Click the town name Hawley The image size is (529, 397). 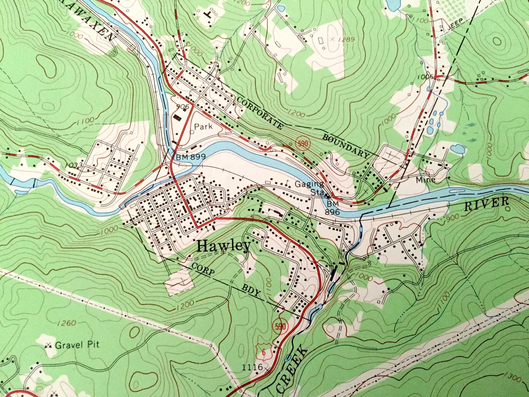click(x=224, y=246)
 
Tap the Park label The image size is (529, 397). click(x=203, y=127)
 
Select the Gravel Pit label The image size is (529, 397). click(x=77, y=345)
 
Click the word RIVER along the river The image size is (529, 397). click(x=487, y=204)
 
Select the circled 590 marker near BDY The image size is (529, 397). click(x=280, y=326)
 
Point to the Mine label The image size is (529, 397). click(x=426, y=180)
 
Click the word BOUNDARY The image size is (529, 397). click(x=346, y=146)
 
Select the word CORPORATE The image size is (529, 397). click(x=260, y=113)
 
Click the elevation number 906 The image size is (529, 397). click(x=184, y=107)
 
